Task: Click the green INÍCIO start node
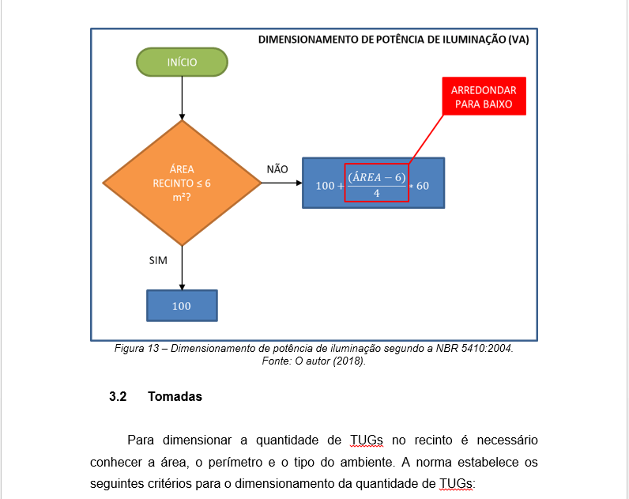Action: tap(182, 62)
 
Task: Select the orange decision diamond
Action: tap(182, 183)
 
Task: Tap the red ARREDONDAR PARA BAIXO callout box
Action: tap(484, 96)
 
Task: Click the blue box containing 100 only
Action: tap(182, 306)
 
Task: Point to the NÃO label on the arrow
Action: tap(277, 169)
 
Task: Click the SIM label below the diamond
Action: tap(158, 260)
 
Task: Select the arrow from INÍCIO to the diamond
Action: tap(182, 98)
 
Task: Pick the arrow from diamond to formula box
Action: tap(281, 183)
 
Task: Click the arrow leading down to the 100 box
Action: tap(182, 268)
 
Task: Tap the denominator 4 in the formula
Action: tap(377, 194)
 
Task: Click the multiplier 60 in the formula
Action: tap(423, 186)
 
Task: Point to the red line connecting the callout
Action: tap(426, 140)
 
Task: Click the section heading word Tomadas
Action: tap(175, 397)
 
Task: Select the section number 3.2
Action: tap(118, 397)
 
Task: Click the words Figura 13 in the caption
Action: tap(137, 348)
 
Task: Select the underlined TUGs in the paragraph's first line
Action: tap(366, 440)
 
